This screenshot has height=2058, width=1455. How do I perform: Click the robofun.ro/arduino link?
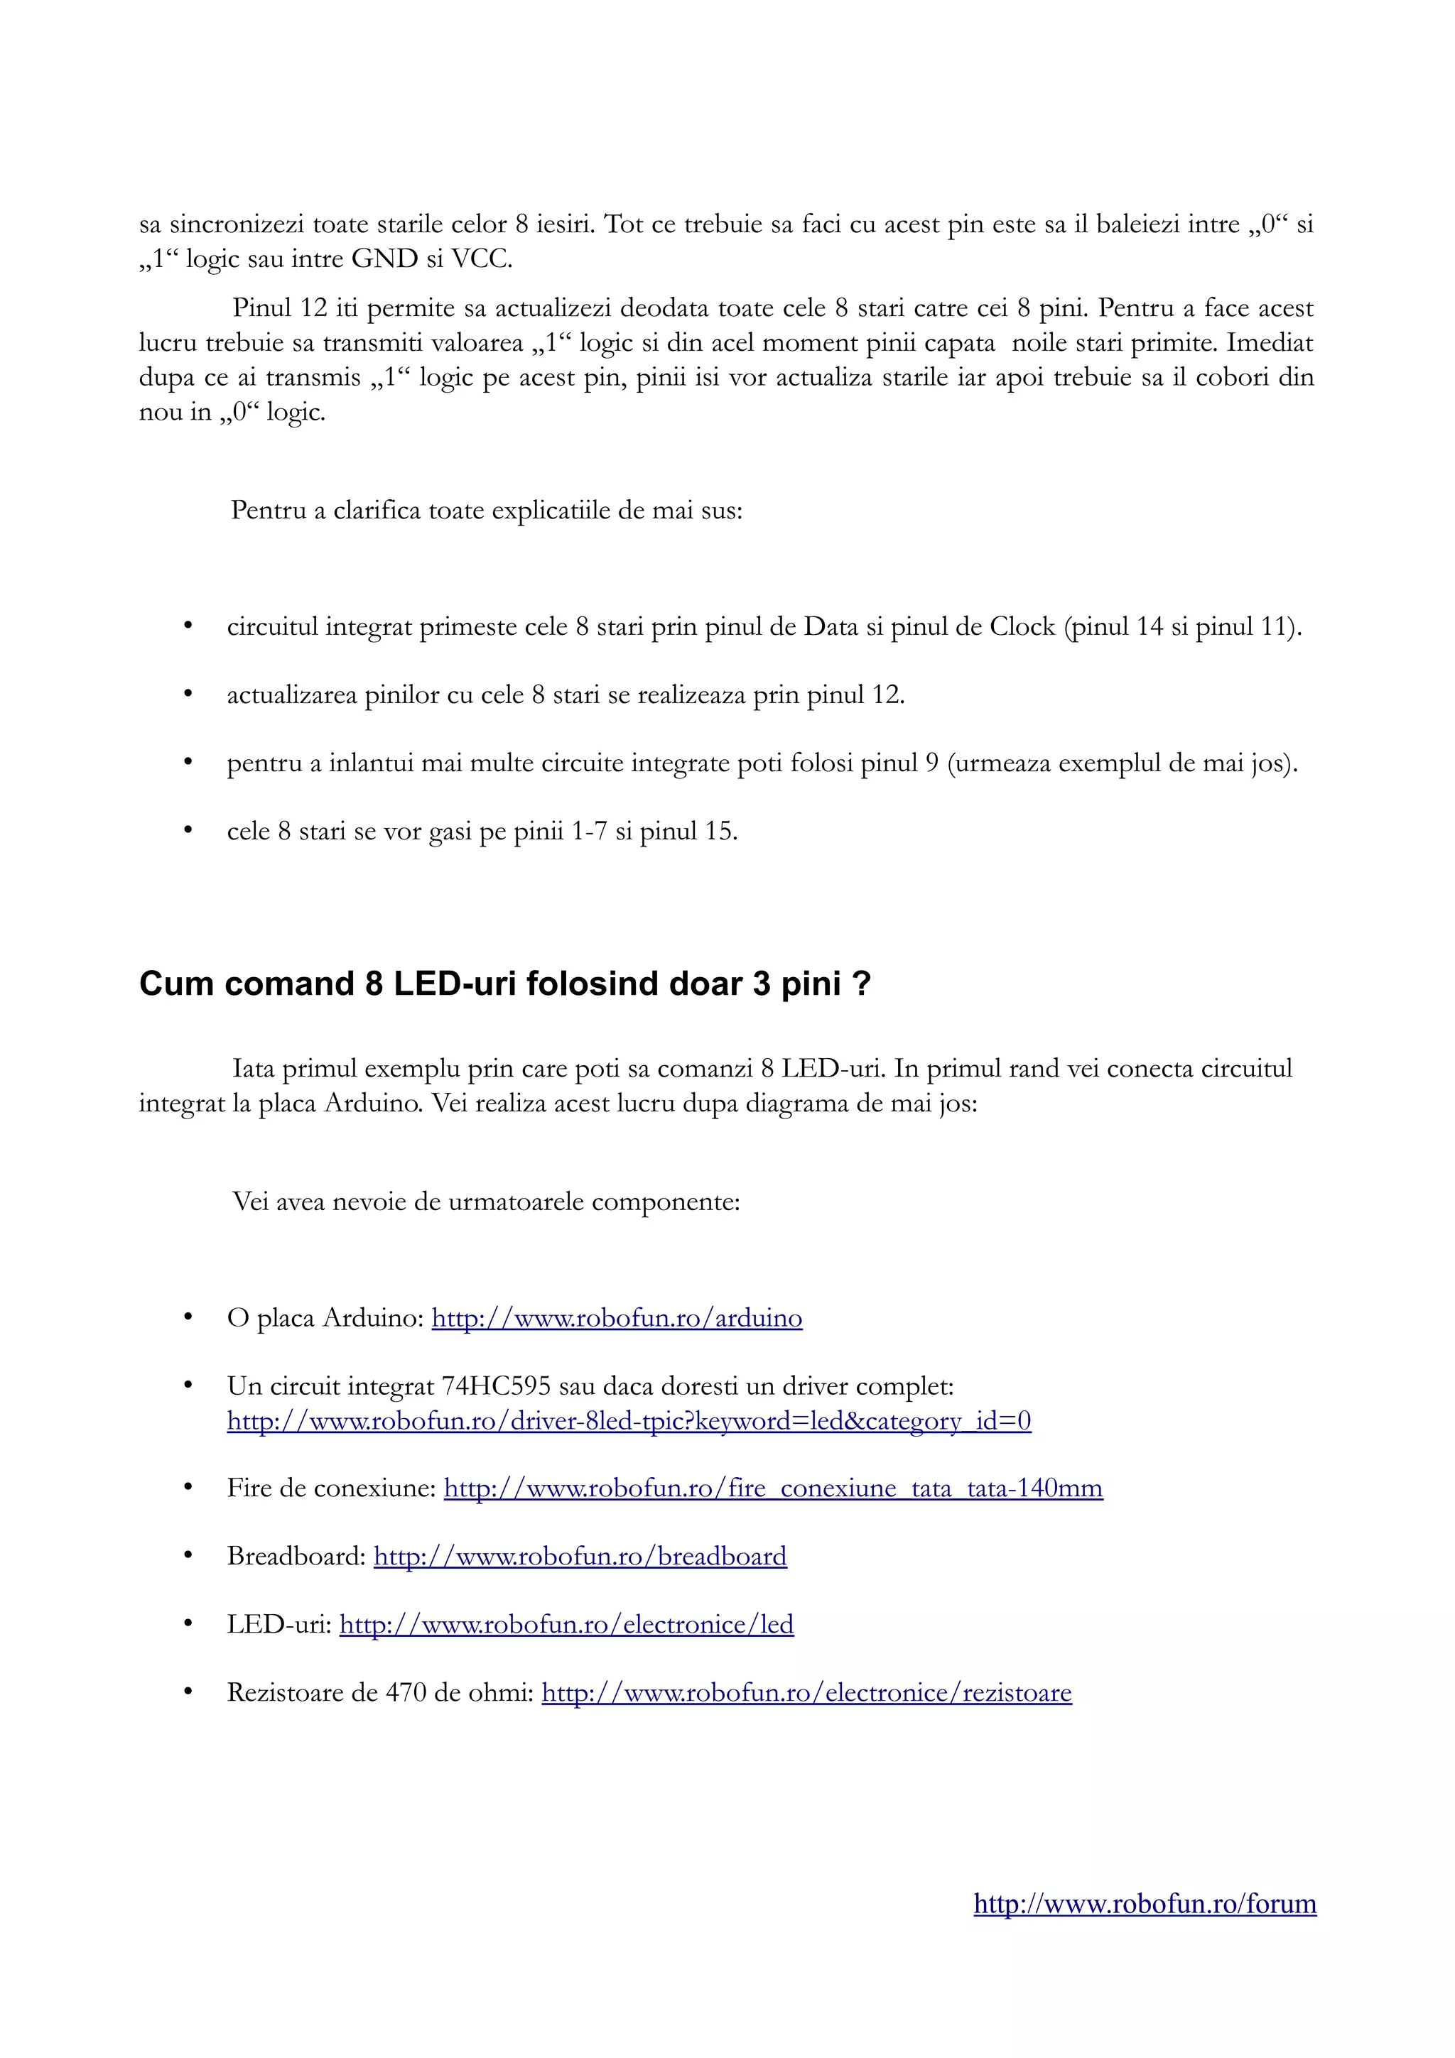tap(617, 1317)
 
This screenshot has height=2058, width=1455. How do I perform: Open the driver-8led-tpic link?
tap(629, 1421)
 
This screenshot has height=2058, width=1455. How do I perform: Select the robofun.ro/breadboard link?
tap(580, 1556)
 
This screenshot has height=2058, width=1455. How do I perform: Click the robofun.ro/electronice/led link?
tap(566, 1624)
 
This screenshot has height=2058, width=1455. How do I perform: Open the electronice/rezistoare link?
tap(807, 1692)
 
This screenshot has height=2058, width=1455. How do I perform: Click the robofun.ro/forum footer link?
tap(1145, 1903)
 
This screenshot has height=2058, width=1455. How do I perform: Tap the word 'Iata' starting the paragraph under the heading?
tap(254, 1069)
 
